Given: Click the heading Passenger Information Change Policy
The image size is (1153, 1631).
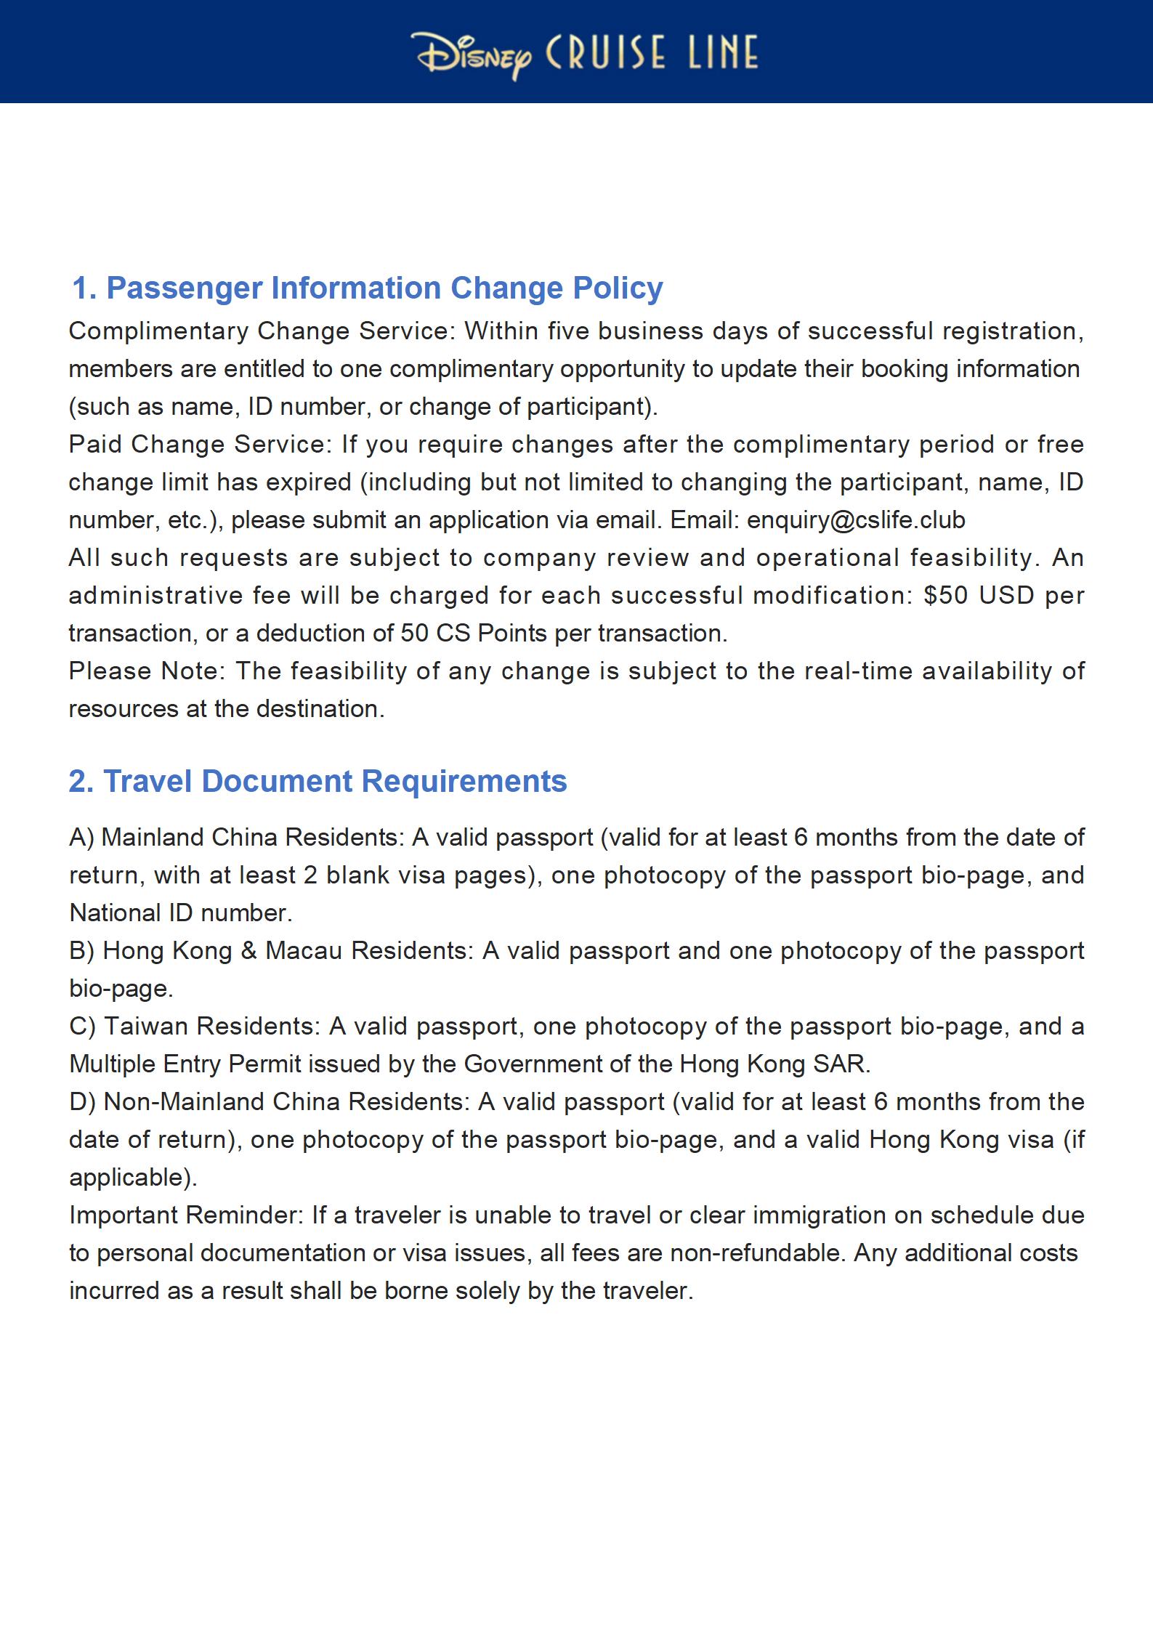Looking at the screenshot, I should coord(367,288).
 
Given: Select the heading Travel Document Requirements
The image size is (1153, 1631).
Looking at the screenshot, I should coord(317,782).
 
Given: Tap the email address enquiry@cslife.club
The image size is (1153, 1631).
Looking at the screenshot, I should coord(856,520).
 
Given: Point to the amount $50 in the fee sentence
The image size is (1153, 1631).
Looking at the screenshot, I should coord(945,596).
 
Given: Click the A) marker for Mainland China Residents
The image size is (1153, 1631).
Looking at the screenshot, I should coord(81,838).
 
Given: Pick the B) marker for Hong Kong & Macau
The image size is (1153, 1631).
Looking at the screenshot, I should coord(81,951).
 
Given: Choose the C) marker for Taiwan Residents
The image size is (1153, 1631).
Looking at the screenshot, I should coord(82,1027).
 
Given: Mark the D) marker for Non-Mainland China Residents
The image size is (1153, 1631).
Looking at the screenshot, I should coord(82,1102).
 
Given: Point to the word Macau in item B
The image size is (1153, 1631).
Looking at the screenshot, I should coord(304,951).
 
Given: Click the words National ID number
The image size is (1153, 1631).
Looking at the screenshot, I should coord(180,913).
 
